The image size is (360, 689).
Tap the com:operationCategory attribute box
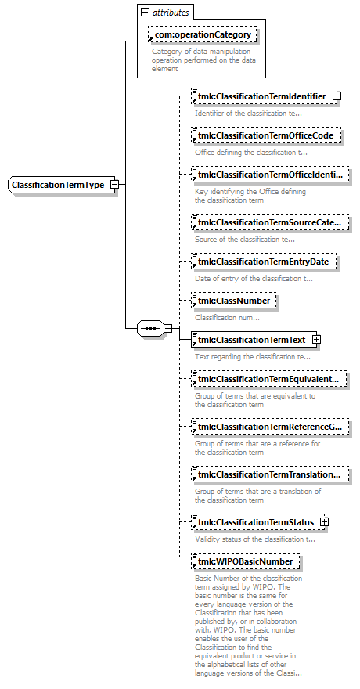203,34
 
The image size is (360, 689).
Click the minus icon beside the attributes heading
145,13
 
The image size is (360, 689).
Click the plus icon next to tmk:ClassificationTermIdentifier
337,96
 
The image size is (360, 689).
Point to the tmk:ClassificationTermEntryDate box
264,262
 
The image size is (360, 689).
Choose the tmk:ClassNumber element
234,301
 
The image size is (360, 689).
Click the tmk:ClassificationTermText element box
254,340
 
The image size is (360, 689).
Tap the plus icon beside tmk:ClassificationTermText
316,340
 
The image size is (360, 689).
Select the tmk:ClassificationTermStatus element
258,522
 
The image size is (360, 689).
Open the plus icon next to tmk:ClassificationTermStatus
325,522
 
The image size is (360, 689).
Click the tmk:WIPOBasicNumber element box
246,561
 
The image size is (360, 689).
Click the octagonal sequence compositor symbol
150,328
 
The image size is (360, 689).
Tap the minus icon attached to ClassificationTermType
114,185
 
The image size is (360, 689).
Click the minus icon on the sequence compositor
167,328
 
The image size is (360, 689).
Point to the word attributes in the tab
171,13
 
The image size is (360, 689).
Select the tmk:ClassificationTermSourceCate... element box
270,223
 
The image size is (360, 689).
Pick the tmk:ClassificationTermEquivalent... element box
269,379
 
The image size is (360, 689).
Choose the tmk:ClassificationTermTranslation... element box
270,474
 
